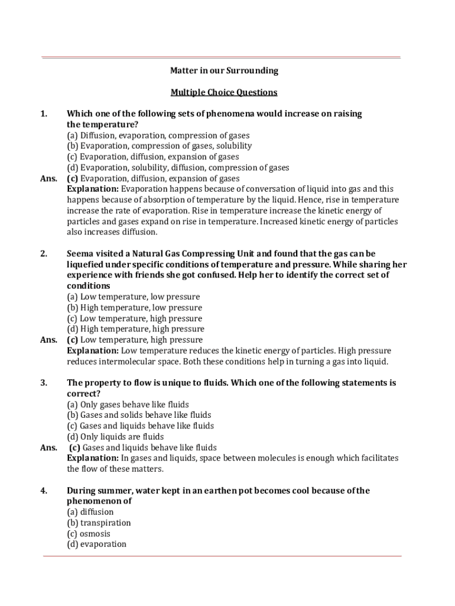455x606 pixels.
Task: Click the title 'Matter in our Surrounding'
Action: [224, 71]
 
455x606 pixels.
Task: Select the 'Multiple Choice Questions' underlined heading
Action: [224, 92]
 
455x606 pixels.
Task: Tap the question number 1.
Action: [43, 114]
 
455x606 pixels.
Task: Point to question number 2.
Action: [43, 254]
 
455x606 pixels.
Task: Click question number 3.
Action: [43, 383]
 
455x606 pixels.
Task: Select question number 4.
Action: [43, 491]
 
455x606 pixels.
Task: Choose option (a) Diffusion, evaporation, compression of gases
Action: [158, 136]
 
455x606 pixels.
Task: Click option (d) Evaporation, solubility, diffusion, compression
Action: [178, 167]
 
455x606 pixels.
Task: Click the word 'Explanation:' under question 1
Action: [93, 189]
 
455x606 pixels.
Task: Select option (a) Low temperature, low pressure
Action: [133, 296]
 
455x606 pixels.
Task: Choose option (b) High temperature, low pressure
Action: [134, 308]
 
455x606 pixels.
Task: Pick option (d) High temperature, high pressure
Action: [135, 329]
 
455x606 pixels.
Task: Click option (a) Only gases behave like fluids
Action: [128, 405]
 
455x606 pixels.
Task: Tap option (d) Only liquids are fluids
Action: [115, 437]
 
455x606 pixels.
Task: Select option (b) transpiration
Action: [99, 523]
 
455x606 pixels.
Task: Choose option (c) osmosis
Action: [89, 534]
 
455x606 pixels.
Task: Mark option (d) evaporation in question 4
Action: [96, 544]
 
